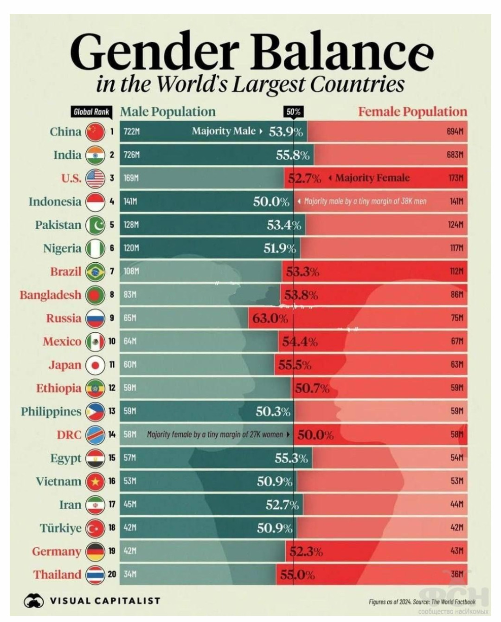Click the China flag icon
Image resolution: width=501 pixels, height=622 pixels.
click(x=95, y=132)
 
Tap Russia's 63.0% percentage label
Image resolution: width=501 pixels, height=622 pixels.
click(x=270, y=318)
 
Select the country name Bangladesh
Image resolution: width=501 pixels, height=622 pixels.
click(x=50, y=295)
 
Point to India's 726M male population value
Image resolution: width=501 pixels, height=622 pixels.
click(x=131, y=155)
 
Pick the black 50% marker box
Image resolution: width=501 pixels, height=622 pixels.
click(x=293, y=112)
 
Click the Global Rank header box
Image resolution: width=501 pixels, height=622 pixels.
click(x=91, y=112)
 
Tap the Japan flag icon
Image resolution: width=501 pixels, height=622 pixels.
click(x=95, y=365)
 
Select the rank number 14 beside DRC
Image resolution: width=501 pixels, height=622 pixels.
click(x=112, y=434)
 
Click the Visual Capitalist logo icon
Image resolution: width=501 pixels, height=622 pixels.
click(x=33, y=601)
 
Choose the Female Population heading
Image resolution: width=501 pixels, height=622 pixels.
click(x=412, y=112)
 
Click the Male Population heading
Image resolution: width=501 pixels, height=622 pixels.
click(x=168, y=112)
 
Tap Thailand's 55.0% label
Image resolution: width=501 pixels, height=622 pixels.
click(x=297, y=575)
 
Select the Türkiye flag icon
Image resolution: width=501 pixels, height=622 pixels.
click(x=95, y=528)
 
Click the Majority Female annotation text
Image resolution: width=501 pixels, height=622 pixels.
click(x=372, y=178)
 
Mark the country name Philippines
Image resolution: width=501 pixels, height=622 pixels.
click(x=51, y=412)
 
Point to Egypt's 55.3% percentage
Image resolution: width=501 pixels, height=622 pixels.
click(x=291, y=459)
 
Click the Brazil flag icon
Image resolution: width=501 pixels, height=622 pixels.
click(x=95, y=272)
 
